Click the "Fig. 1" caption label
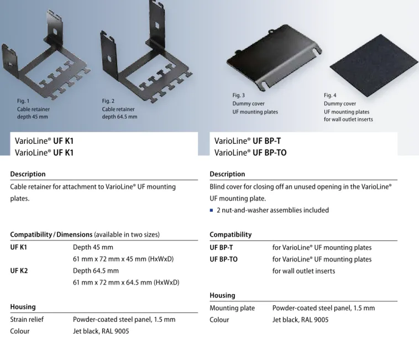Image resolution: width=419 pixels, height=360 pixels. point(23,101)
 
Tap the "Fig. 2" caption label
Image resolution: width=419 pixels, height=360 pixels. point(108,101)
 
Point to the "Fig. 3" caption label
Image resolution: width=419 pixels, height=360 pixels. point(238,96)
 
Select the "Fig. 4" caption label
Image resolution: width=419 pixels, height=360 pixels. point(330,96)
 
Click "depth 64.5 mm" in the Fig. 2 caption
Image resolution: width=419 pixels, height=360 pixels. point(119,117)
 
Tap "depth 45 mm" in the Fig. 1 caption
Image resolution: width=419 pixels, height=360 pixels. point(32,117)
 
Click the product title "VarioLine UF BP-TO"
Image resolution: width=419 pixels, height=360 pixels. point(250,153)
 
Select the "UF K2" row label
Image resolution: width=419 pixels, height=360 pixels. point(19,271)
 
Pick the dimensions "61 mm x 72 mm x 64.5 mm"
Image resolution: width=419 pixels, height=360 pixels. point(112,283)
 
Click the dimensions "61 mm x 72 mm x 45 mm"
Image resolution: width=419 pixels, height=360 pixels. point(109,259)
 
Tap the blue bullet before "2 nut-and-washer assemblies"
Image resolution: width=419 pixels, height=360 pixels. point(211,210)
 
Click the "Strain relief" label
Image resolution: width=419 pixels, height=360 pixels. point(27,320)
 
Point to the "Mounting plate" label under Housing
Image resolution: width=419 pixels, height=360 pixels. point(232,308)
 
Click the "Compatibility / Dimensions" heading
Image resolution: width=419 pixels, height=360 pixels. point(51,234)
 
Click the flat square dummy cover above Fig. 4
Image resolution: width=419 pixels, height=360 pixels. point(374,65)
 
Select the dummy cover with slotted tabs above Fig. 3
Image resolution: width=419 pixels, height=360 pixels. point(274,56)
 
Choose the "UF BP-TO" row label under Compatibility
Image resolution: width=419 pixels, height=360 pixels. point(223,259)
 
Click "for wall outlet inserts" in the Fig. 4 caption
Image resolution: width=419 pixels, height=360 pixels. point(348,119)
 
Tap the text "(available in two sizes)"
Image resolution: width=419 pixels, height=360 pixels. point(127,234)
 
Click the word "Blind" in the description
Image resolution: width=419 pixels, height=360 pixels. point(217,186)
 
